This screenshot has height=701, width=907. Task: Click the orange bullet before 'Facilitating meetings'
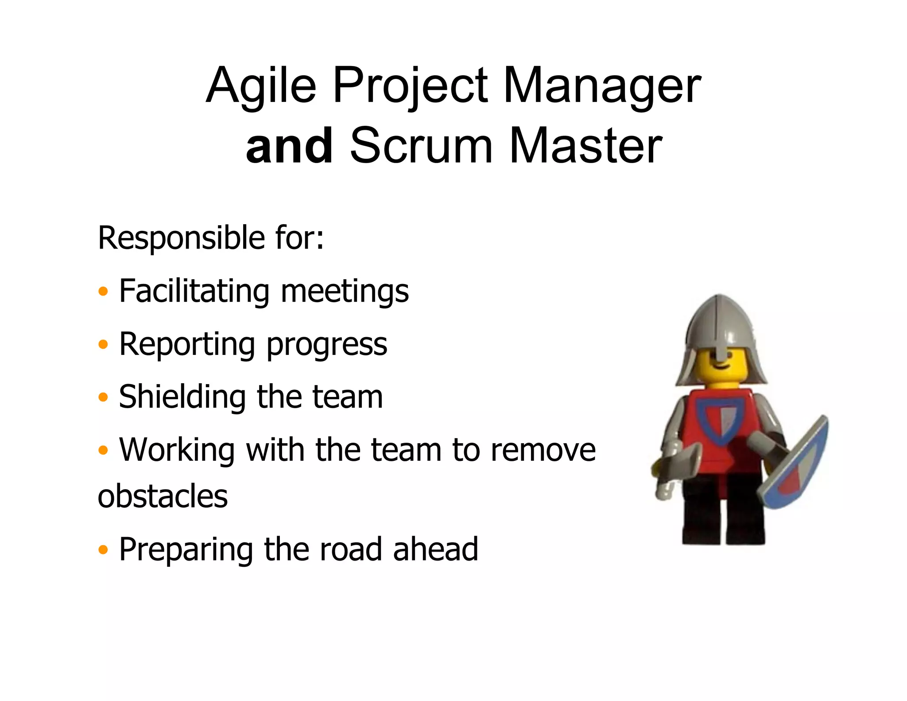[x=103, y=292]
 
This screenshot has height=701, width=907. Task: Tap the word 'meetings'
[x=345, y=292]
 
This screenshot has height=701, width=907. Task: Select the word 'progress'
[x=327, y=345]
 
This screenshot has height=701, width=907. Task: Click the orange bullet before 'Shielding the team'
[x=103, y=397]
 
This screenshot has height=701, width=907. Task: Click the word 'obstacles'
[x=163, y=496]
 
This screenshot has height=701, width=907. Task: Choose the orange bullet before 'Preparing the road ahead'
[x=103, y=550]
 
